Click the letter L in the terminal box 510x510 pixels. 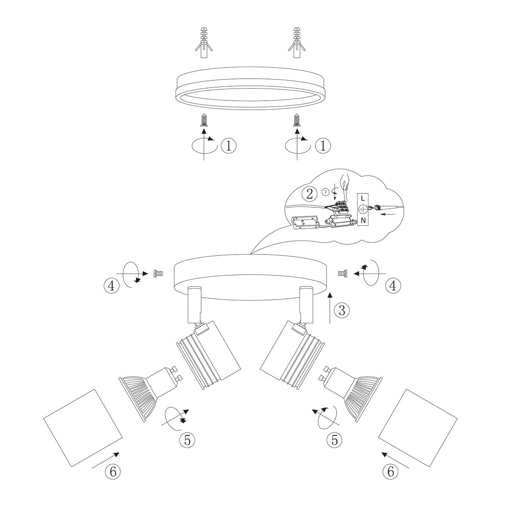tap(363, 198)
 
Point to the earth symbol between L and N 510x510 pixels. tap(363, 209)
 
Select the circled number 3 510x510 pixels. tap(341, 311)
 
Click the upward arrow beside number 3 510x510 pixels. tap(330, 308)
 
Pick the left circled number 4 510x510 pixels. tap(111, 286)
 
